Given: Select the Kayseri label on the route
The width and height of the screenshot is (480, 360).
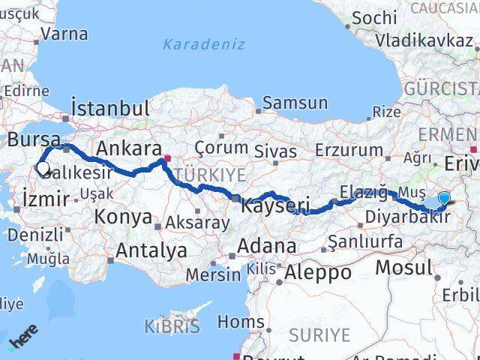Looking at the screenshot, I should pyautogui.click(x=275, y=204).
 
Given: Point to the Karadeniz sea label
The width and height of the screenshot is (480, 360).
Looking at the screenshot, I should pyautogui.click(x=204, y=44).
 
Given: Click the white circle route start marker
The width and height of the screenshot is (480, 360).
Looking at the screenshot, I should pyautogui.click(x=43, y=169).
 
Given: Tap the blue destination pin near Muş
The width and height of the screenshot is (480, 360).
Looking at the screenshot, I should pyautogui.click(x=444, y=199).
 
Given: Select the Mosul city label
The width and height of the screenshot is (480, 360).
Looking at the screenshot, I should pyautogui.click(x=404, y=268).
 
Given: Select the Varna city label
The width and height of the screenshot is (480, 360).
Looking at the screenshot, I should pyautogui.click(x=64, y=34).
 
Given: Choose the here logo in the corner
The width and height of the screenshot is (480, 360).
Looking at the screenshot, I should pyautogui.click(x=22, y=340).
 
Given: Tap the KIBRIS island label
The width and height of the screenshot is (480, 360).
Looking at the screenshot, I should pyautogui.click(x=172, y=326).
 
